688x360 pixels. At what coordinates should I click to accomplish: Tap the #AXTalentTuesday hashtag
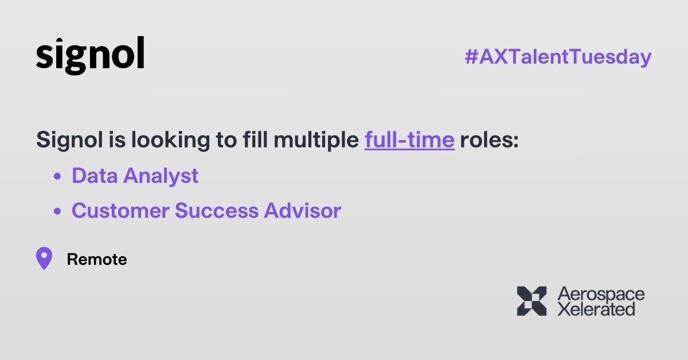coord(558,57)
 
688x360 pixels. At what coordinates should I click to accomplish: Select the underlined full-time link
coord(409,140)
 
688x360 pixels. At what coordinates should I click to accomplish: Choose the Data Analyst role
coord(135,176)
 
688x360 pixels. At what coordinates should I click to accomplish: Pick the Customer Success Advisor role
coord(206,211)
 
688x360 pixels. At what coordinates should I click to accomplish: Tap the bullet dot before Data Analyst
coord(57,177)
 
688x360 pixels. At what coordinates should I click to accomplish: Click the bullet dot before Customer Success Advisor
coord(57,212)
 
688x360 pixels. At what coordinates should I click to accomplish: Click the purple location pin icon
coord(44,259)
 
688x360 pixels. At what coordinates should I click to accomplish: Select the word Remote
coord(97,260)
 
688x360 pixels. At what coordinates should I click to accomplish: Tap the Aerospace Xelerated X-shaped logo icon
coord(531,301)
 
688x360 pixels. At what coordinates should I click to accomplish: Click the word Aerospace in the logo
coord(601,295)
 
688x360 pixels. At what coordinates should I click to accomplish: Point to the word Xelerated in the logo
coord(596,310)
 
